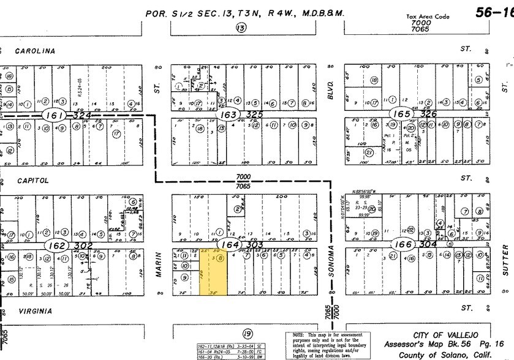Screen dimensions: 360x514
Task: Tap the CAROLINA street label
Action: pos(35,51)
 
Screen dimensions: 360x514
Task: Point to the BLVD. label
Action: pos(331,80)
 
